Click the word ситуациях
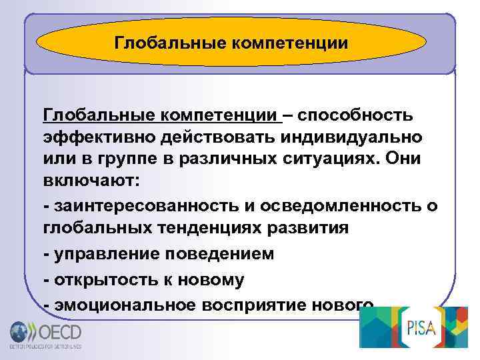[x=319, y=160]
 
